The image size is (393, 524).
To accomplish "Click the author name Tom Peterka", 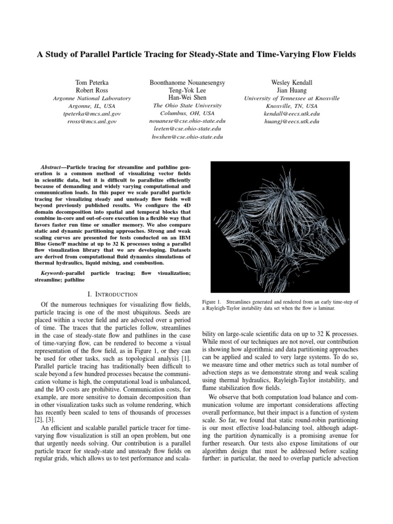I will pyautogui.click(x=92, y=82).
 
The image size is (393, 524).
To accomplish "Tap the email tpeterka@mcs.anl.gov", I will pyautogui.click(x=92, y=114).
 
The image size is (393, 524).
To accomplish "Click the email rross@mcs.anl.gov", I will pyautogui.click(x=92, y=122).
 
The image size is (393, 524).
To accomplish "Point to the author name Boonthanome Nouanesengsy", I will pyautogui.click(x=187, y=82).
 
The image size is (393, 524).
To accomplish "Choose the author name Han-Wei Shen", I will pyautogui.click(x=187, y=97).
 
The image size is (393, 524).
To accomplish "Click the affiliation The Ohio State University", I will pyautogui.click(x=187, y=105).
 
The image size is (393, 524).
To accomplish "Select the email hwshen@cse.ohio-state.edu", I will pyautogui.click(x=187, y=137).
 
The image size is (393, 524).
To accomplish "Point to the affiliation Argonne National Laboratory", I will pyautogui.click(x=92, y=98).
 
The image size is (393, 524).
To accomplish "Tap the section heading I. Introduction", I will pyautogui.click(x=111, y=294).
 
